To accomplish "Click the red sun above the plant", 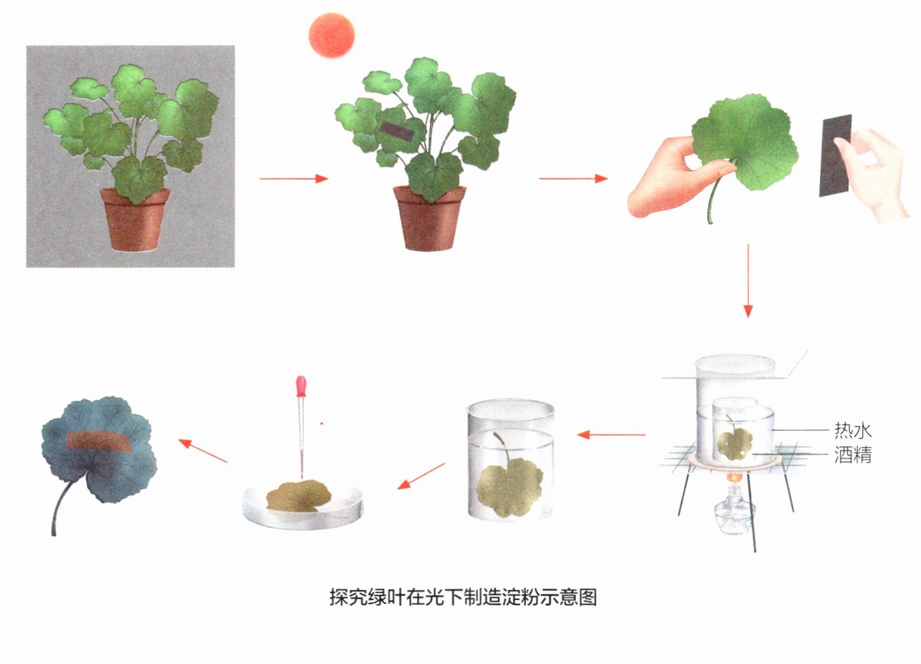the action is coord(332,35).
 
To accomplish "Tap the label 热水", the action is coord(853,430).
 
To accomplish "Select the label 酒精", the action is coord(853,455).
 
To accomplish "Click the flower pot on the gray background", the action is coord(135,220).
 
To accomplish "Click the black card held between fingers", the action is coord(835,156).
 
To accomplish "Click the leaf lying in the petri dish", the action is coord(299,497).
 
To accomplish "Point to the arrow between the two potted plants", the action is coord(293,179).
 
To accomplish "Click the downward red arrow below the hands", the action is coord(748,281).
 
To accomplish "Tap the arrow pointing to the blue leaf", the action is coord(203,451).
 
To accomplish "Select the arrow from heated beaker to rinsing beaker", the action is coord(611,434).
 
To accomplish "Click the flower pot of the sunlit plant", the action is coord(430,219).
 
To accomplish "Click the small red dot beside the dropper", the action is coord(322,423).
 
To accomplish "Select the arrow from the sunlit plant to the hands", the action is coord(573,179).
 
